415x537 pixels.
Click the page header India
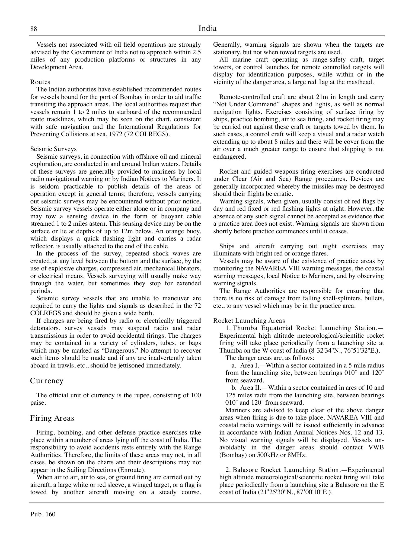coord(207,28)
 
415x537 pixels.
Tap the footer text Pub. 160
coord(43,514)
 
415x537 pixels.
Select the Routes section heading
coord(40,82)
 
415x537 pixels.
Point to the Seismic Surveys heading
coord(53,149)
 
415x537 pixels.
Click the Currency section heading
coord(47,381)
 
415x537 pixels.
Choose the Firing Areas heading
coord(52,418)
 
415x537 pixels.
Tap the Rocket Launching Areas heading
coord(249,321)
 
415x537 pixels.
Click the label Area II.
coord(250,388)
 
